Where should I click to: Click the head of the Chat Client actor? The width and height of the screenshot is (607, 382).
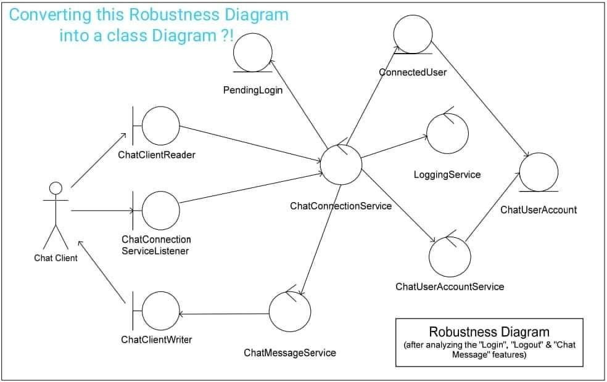pos(56,188)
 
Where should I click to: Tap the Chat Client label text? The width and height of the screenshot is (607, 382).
pos(56,258)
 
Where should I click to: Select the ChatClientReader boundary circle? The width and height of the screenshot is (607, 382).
pos(160,126)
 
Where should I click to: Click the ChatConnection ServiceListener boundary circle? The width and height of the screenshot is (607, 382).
pos(160,209)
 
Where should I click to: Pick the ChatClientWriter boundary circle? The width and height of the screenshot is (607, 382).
pos(160,313)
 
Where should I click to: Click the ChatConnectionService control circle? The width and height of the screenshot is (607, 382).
pos(341,165)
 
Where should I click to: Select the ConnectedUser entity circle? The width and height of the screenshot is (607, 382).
pos(413,34)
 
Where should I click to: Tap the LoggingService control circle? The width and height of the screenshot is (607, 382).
pos(448,133)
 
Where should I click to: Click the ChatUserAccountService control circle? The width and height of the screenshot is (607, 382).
pos(450,256)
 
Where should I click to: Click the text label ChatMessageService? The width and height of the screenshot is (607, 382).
pos(289,352)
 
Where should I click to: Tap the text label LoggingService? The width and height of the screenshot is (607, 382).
pos(447,174)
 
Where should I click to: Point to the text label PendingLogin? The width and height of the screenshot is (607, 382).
pos(252,90)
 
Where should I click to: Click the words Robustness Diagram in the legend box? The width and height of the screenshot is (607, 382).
pos(489,332)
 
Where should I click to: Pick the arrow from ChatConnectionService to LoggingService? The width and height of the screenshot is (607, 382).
pos(394,147)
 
